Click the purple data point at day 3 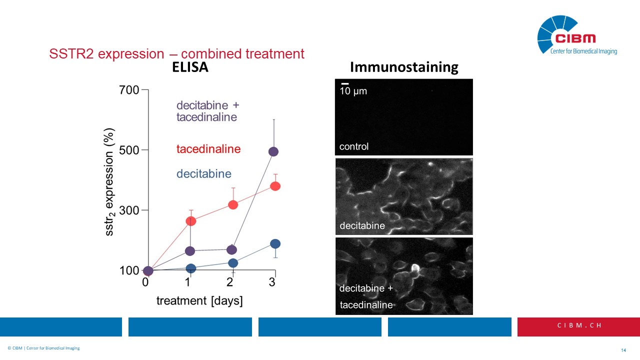pos(273,151)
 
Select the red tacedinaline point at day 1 pos(190,221)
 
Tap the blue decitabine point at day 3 pos(275,243)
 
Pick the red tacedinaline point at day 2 pos(232,204)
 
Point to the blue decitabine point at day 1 pos(190,268)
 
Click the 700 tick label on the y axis pos(129,90)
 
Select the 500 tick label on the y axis pos(129,150)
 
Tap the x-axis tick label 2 pos(230,282)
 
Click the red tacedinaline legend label pos(208,149)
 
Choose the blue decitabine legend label pos(204,174)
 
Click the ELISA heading pos(190,67)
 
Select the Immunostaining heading pos(404,67)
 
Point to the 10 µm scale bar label pos(353,91)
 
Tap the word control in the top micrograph pos(354,146)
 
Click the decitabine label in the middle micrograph pos(362,225)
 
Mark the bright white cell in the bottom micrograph pos(414,269)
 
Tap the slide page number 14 pos(623,350)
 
